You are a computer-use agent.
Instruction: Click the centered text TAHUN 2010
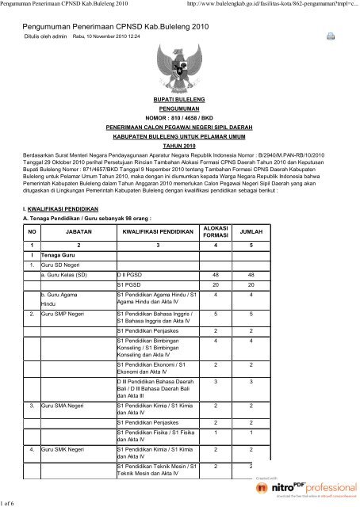pyautogui.click(x=179, y=146)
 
